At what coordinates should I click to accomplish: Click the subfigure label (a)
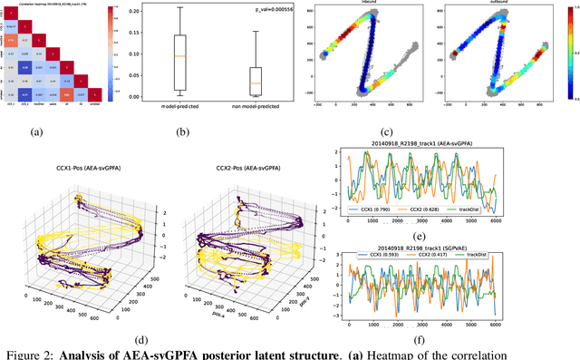(37, 132)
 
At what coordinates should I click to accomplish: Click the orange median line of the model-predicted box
(179, 56)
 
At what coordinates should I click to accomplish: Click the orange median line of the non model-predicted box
(256, 83)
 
